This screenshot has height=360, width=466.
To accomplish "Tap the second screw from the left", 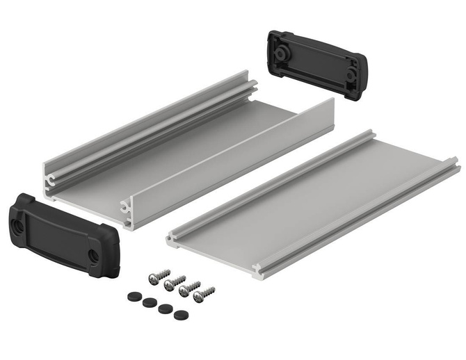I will (172, 283).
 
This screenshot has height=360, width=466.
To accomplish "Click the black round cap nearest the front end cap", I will (132, 296).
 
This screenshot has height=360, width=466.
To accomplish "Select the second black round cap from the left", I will (147, 302).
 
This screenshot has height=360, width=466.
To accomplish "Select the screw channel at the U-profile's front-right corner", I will (127, 206).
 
